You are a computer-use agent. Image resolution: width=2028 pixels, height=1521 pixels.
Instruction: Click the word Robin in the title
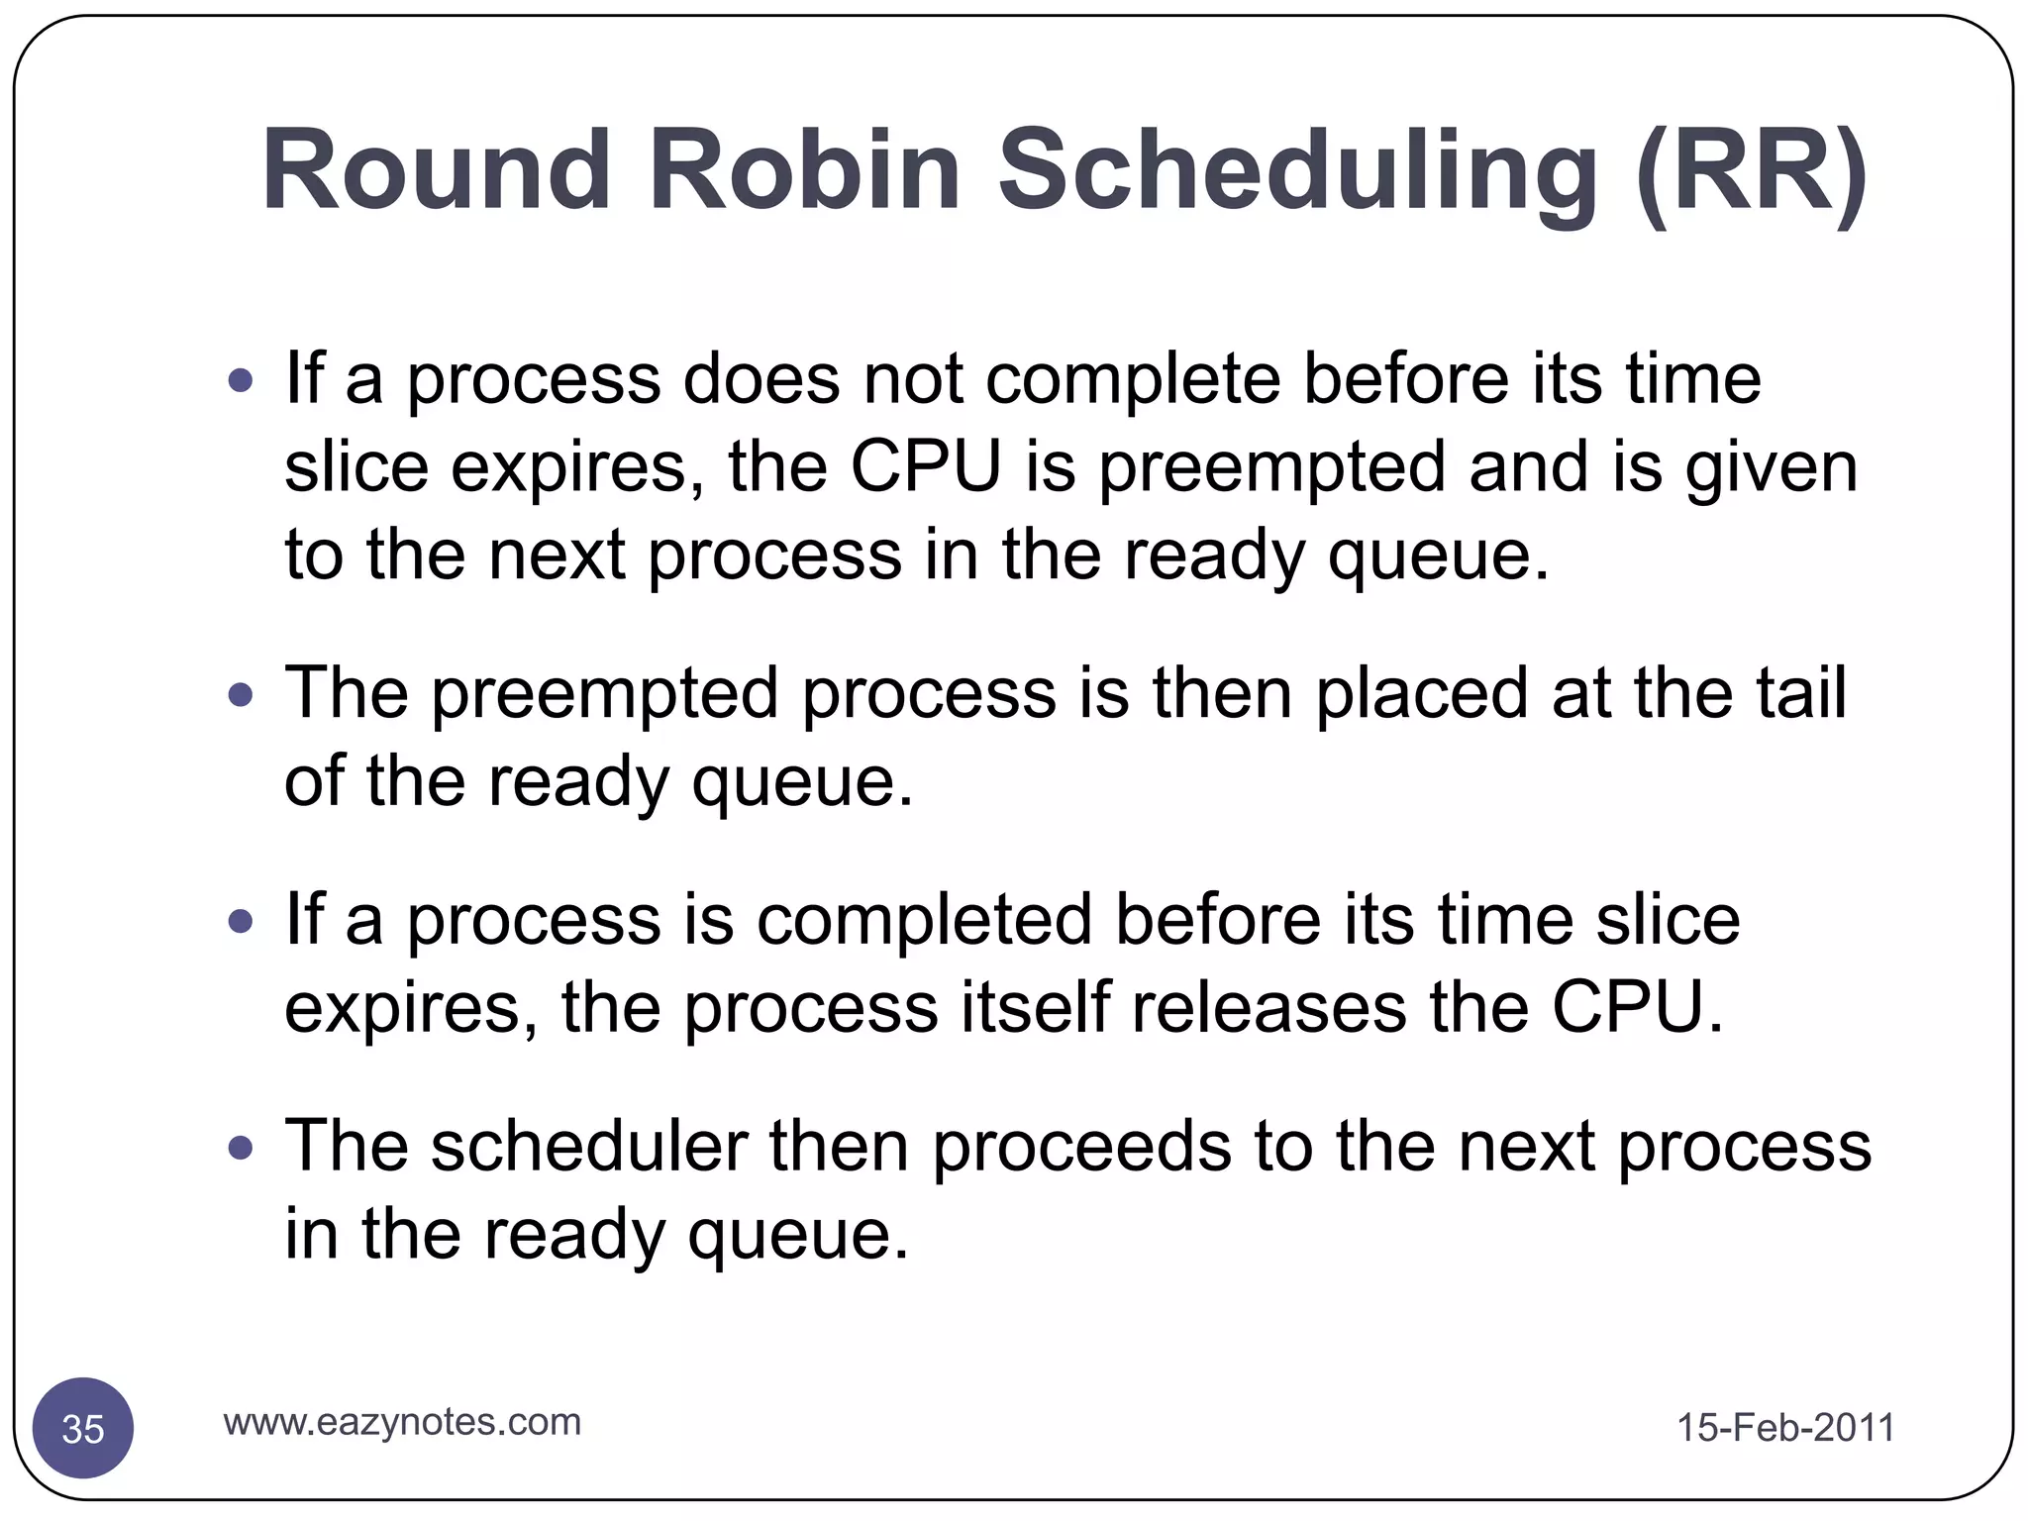pos(804,170)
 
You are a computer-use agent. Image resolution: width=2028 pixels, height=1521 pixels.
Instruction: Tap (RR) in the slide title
pos(1751,170)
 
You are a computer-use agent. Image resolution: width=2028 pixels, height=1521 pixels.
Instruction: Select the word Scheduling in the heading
pos(1297,170)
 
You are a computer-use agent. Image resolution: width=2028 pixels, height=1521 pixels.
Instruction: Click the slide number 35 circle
pos(83,1428)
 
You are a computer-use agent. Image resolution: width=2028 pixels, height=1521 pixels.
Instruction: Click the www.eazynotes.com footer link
pos(402,1422)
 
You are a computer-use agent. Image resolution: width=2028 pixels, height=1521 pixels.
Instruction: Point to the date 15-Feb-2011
pos(1785,1428)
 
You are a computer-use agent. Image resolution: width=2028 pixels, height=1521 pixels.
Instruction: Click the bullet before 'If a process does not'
pos(241,380)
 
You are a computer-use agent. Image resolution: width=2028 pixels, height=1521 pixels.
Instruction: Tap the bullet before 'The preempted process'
pos(241,695)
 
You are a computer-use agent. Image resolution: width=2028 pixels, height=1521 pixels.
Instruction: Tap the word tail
pos(1801,693)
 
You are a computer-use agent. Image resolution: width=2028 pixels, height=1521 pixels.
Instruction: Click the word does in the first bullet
pos(761,380)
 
